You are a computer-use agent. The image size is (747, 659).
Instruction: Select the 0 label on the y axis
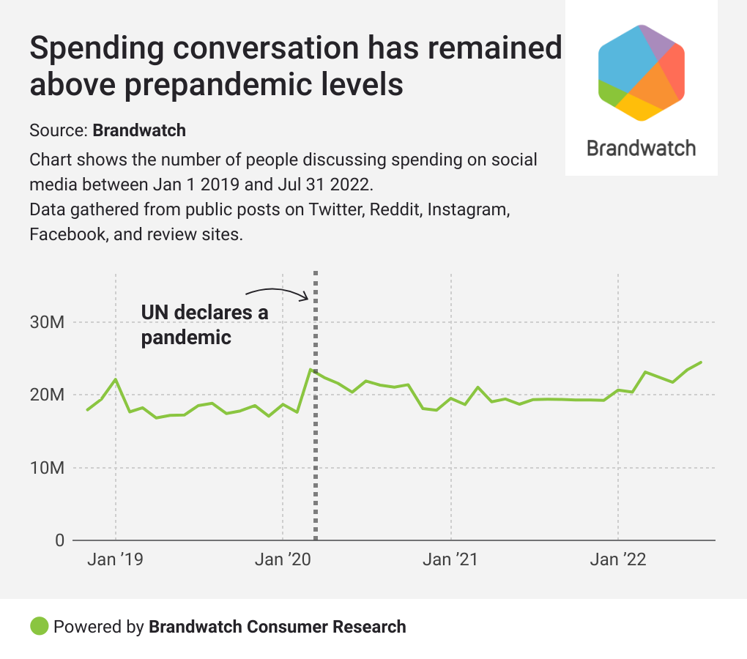point(59,540)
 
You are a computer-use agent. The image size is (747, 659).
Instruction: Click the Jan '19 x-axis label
point(115,560)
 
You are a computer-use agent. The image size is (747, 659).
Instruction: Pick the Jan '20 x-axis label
point(283,560)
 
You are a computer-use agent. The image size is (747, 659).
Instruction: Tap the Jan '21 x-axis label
point(451,560)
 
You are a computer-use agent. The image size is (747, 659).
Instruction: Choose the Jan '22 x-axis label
point(619,560)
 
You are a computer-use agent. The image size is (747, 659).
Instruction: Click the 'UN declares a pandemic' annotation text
point(204,325)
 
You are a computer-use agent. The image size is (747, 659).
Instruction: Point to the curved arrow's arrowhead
point(308,297)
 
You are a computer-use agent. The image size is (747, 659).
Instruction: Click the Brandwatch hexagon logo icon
point(642,72)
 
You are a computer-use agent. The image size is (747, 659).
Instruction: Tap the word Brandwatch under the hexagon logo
point(642,149)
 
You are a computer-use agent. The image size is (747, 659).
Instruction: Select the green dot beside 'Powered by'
point(40,626)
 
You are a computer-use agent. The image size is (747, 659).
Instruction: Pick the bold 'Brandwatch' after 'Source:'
point(139,131)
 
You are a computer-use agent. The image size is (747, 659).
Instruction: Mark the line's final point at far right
point(701,362)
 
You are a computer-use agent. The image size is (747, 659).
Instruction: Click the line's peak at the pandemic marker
point(311,370)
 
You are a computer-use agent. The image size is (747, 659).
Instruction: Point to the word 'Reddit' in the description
point(395,209)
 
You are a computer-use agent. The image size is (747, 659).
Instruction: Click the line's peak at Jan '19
point(116,379)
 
